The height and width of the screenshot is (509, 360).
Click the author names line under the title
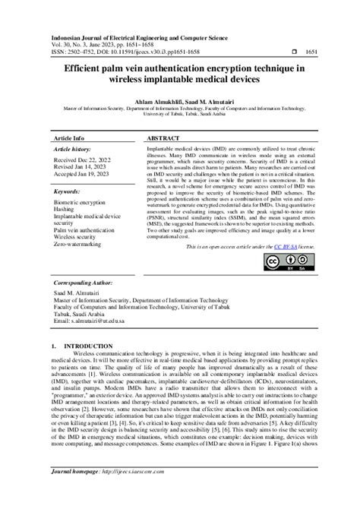pyautogui.click(x=179, y=102)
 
